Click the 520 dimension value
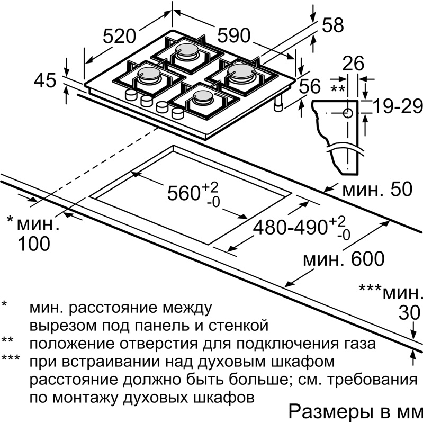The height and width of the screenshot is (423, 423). tap(119, 37)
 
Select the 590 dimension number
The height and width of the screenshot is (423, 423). tap(233, 35)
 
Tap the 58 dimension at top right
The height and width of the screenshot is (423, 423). tap(332, 25)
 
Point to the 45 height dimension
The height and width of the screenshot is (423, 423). tap(44, 81)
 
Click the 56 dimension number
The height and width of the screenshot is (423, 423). tap(310, 86)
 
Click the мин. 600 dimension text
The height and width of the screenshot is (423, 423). tap(344, 259)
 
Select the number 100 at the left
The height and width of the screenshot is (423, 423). tap(33, 244)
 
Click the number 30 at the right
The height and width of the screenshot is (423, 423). tap(409, 313)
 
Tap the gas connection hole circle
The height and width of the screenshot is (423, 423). tap(348, 113)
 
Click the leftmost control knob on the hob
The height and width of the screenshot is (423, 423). tap(129, 94)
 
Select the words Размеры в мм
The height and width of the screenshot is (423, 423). tap(354, 411)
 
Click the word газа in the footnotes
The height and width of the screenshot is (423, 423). tap(355, 344)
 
